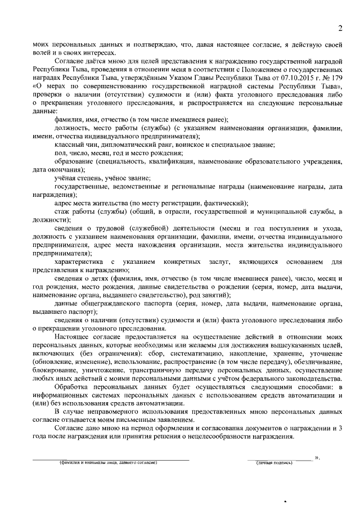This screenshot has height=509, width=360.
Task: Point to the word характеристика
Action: pyautogui.click(x=79, y=262)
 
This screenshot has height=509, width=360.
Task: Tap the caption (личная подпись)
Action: pyautogui.click(x=274, y=463)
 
